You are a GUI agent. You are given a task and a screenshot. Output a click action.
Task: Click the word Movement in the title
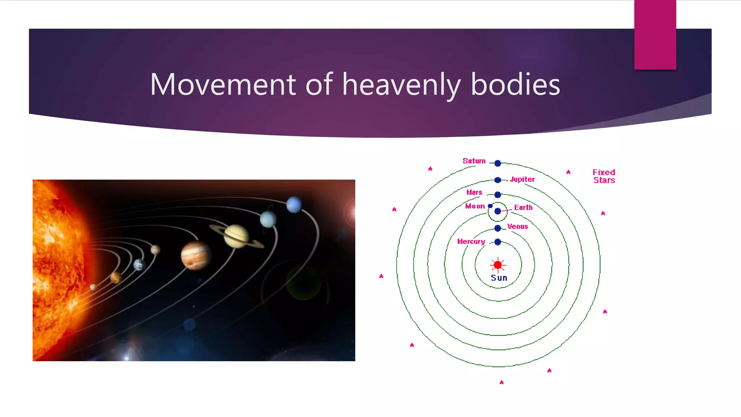point(223,84)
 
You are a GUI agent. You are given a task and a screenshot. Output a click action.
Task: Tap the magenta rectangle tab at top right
point(655,34)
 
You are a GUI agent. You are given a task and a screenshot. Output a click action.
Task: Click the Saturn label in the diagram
point(474,161)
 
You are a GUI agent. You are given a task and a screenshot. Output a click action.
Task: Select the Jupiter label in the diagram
point(522,180)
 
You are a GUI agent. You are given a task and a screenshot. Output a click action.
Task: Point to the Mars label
point(474,193)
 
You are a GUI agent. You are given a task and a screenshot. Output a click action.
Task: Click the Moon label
point(475,206)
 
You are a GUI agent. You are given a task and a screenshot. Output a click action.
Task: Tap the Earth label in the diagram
point(523,208)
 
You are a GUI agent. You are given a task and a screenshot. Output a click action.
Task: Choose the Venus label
point(517,227)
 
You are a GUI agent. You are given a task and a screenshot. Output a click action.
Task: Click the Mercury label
point(471,241)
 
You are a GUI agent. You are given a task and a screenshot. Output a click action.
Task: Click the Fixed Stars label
point(604,176)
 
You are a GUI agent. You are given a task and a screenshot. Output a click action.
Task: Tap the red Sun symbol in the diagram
point(498,265)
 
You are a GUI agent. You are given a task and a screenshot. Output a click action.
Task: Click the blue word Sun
point(499,278)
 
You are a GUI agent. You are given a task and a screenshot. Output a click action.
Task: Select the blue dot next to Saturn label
point(497,163)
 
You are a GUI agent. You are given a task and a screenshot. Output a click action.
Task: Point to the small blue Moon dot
point(490,206)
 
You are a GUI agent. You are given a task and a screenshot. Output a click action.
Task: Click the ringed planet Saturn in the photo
point(236,236)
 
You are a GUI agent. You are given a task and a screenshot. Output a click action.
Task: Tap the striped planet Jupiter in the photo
point(195,255)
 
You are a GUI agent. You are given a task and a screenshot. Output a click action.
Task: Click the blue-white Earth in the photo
point(139,265)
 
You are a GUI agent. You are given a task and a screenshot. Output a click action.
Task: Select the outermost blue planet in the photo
point(294,205)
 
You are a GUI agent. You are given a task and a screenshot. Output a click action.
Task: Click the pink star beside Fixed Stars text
point(568,172)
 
